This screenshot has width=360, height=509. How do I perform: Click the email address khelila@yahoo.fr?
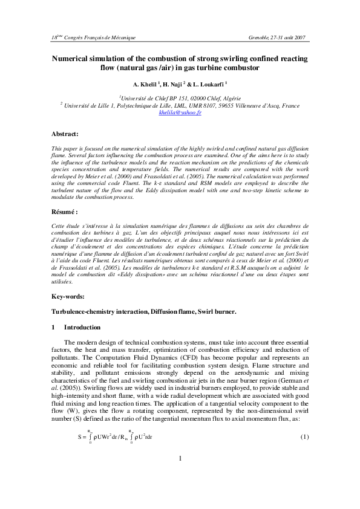180,113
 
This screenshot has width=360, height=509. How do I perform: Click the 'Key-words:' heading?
68,295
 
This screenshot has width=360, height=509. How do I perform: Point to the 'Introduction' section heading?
82,327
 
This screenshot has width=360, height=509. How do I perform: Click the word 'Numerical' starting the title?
76,59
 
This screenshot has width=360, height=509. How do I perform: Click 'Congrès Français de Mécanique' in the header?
100,37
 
